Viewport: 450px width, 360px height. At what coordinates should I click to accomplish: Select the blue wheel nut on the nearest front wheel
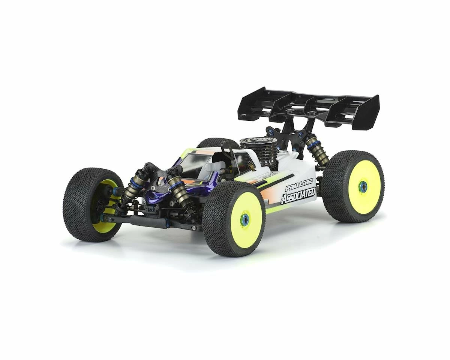click(x=244, y=219)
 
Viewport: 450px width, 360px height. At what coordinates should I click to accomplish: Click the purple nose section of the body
click(x=157, y=195)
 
